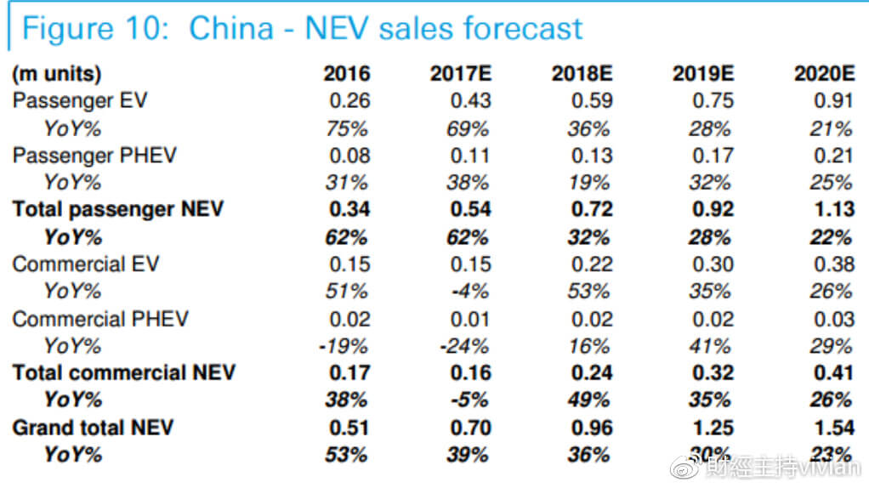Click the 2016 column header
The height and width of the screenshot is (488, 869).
[347, 74]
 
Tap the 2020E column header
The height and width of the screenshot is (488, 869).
[823, 74]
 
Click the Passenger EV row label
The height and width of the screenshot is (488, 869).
[80, 100]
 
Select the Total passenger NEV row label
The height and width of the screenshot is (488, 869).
[118, 210]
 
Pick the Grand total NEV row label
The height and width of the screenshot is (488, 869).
[92, 427]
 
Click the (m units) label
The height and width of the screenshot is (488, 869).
[56, 74]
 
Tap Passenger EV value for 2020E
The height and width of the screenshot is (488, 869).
[833, 101]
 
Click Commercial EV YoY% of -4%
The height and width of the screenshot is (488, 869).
[471, 292]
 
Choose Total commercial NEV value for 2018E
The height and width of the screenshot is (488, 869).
[591, 373]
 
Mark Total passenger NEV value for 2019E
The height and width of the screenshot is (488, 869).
[713, 210]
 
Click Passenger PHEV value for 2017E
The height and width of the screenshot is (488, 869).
[471, 156]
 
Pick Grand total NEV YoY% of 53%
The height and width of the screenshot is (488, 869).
[347, 455]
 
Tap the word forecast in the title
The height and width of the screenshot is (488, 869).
[520, 29]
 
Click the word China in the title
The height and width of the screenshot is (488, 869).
[231, 29]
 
